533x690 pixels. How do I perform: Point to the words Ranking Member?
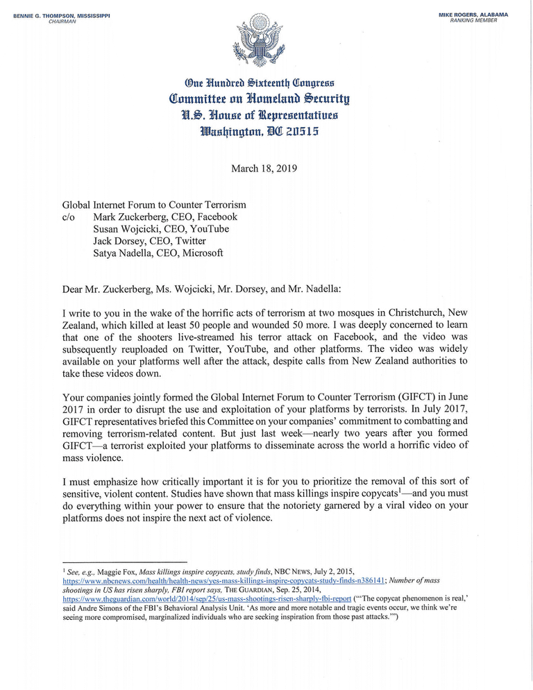click(473, 21)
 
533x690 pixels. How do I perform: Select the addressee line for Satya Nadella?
click(158, 253)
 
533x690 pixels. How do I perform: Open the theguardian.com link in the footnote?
click(207, 597)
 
